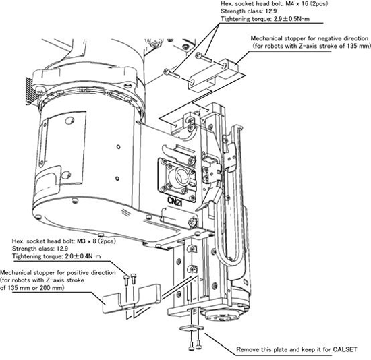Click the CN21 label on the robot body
[x=175, y=202]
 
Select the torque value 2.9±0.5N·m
[x=291, y=19]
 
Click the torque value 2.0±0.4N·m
[x=83, y=256]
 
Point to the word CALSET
[x=345, y=349]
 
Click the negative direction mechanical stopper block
[x=214, y=76]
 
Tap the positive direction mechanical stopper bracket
[x=132, y=299]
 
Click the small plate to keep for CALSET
[x=191, y=327]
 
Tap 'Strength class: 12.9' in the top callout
[x=249, y=11]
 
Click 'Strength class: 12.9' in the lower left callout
[x=40, y=249]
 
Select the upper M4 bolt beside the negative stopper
[x=203, y=58]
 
